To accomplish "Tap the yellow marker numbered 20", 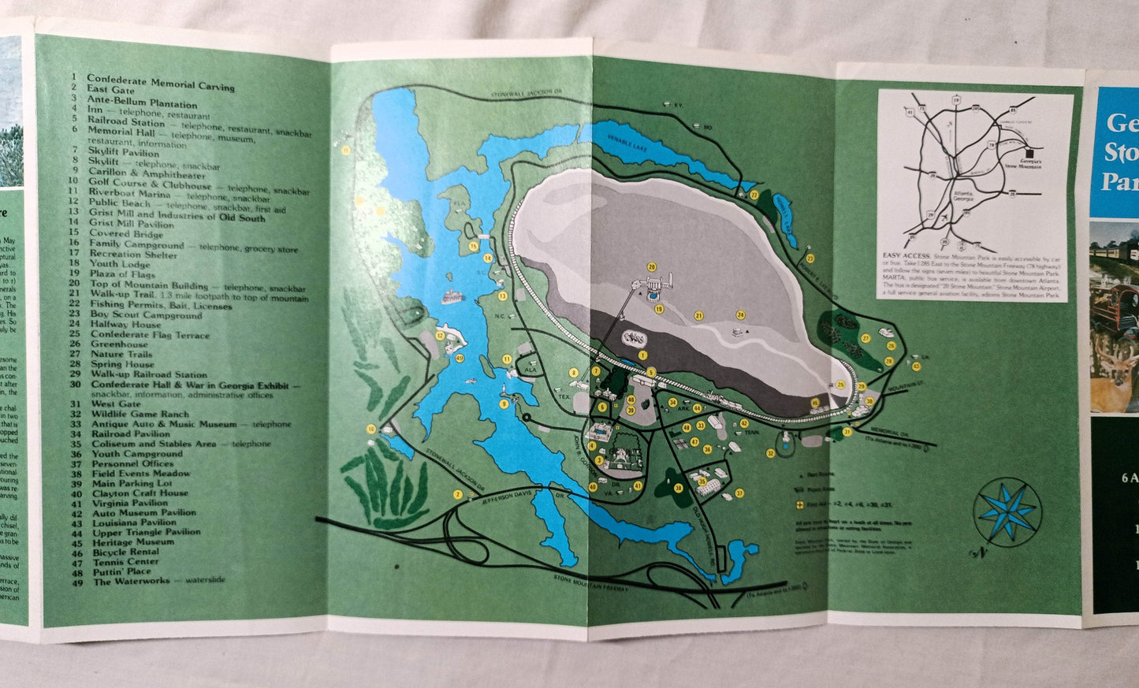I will pyautogui.click(x=652, y=267).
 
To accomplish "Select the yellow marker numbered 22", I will pyautogui.click(x=754, y=195).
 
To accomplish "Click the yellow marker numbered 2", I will pyautogui.click(x=457, y=494).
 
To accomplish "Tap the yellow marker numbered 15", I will pyautogui.click(x=474, y=246).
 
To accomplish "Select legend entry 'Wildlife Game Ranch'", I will pyautogui.click(x=140, y=414).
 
